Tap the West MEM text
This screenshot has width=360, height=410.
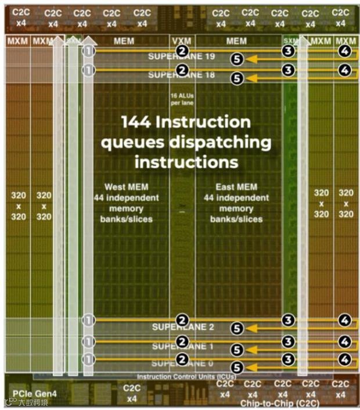point(123,187)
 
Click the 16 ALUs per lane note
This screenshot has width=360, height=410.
point(182,99)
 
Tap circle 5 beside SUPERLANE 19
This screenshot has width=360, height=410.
point(236,59)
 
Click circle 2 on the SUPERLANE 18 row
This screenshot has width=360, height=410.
point(183,70)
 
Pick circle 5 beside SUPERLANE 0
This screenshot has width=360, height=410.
point(236,367)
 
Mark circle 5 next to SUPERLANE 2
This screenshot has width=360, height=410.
point(236,329)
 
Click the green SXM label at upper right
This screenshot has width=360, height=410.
point(289,41)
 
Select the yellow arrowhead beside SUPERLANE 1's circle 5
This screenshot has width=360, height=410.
point(250,349)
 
